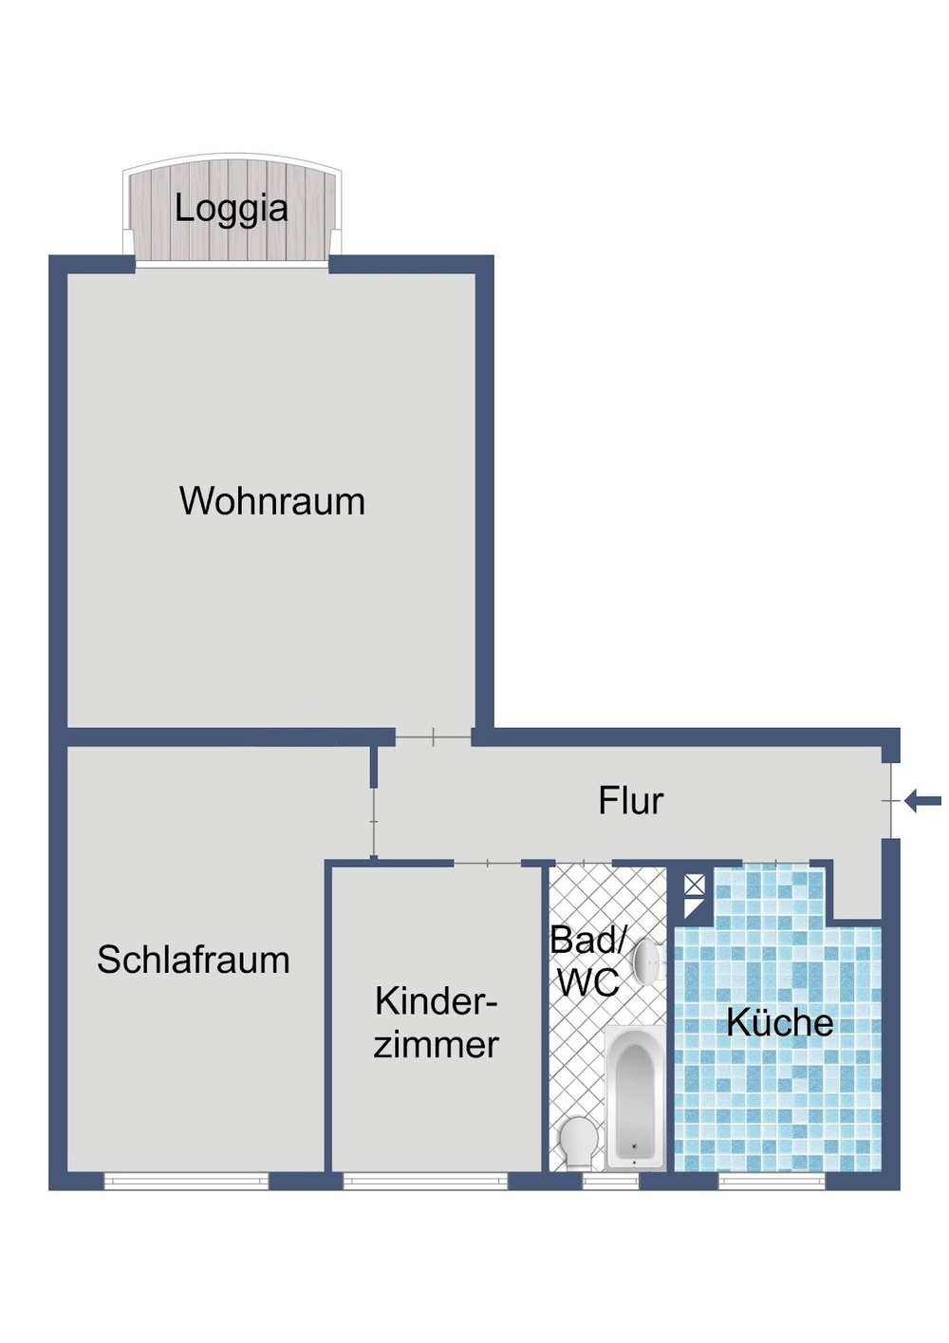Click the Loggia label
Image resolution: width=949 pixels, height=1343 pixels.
tap(231, 209)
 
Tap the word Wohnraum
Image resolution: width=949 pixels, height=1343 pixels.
tap(272, 501)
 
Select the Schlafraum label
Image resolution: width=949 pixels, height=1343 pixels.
tap(194, 960)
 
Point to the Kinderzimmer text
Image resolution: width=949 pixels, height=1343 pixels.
tap(437, 1022)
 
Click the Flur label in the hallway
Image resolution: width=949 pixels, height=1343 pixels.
tap(630, 801)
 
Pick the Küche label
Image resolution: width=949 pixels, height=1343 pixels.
tap(779, 1022)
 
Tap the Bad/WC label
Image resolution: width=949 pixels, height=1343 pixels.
tap(588, 961)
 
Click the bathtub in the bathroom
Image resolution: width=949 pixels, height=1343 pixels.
tap(634, 1098)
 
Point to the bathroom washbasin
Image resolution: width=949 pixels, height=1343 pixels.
tap(648, 961)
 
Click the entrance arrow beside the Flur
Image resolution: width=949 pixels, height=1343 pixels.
tap(922, 801)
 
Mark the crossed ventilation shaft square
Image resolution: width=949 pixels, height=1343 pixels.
tap(695, 885)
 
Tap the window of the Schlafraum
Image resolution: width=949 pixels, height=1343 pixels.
tap(186, 1181)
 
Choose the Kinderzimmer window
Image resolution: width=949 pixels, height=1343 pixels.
tap(425, 1181)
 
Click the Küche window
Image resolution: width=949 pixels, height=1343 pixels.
tap(772, 1181)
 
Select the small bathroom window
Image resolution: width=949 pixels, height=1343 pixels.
tap(610, 1181)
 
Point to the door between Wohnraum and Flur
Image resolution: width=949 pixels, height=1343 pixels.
tap(433, 737)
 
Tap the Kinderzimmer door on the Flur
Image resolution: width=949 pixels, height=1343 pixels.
tap(488, 863)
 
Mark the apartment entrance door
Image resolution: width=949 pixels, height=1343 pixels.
tap(890, 801)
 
